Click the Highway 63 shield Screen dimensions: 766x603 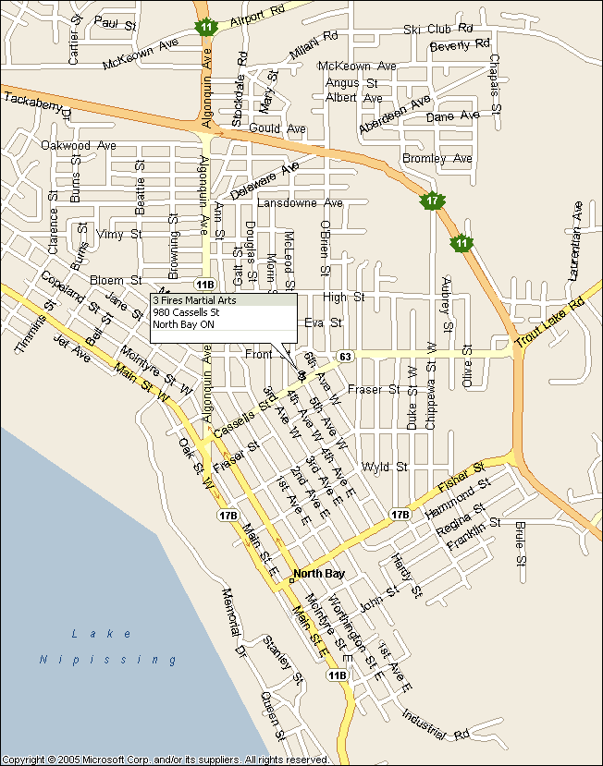coord(345,356)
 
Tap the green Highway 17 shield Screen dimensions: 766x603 coord(430,201)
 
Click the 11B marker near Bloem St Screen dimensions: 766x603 coord(204,283)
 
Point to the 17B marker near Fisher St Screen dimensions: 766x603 coord(400,514)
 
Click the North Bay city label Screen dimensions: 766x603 coord(318,574)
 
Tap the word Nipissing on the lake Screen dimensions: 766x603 coord(108,660)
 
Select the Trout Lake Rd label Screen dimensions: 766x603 coord(551,322)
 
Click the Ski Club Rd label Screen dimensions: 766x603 coord(437,30)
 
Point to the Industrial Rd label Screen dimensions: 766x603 coord(436,724)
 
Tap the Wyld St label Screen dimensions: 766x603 coord(385,467)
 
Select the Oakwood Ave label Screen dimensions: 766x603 coord(79,145)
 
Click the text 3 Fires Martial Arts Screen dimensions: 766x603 coord(194,300)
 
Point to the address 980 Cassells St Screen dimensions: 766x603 coord(186,312)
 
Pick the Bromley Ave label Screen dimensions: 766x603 coord(437,159)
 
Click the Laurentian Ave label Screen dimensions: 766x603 coord(576,241)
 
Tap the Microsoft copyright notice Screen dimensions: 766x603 coord(166,760)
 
